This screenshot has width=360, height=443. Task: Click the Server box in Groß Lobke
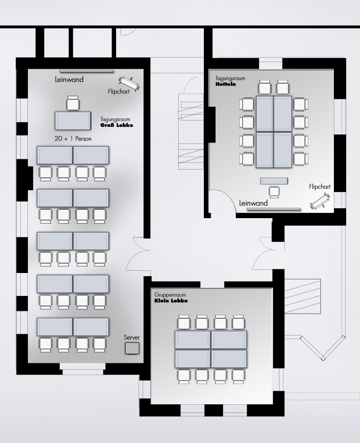click(132, 348)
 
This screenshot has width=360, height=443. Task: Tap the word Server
click(132, 337)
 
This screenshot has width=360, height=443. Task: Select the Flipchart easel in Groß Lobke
click(129, 84)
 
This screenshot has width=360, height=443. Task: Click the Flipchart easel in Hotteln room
click(320, 201)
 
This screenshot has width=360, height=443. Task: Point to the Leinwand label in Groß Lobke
click(69, 80)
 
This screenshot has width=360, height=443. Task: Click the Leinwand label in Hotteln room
click(253, 203)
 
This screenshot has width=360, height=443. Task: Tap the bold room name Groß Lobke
click(117, 125)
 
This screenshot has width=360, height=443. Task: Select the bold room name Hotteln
click(225, 84)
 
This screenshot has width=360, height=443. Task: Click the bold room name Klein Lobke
click(171, 300)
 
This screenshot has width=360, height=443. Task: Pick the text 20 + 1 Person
click(73, 139)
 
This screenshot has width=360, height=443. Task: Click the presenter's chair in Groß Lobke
click(73, 103)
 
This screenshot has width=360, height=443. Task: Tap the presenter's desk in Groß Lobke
click(73, 121)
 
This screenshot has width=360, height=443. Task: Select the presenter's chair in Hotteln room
click(274, 192)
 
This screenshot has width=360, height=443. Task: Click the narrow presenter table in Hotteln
click(274, 181)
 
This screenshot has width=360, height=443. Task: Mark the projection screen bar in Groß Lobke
click(86, 71)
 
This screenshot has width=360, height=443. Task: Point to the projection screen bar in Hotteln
click(274, 209)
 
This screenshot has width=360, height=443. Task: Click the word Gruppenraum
click(170, 295)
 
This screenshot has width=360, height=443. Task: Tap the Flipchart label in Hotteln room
click(319, 187)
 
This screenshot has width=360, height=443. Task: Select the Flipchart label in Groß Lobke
click(119, 92)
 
